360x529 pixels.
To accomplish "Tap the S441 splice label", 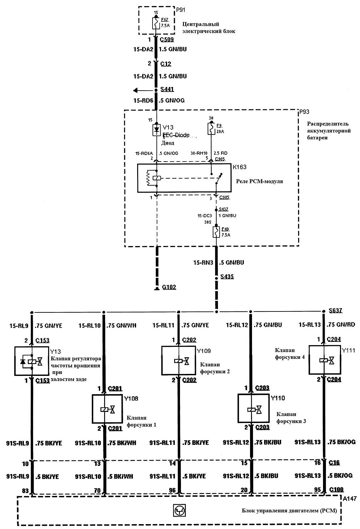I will tap(167, 89).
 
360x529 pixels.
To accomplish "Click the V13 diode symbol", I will tap(156, 130).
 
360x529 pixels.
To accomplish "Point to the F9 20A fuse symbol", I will tap(211, 129).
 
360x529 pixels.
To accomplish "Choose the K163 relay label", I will tap(239, 167).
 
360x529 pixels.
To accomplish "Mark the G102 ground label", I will tap(169, 287).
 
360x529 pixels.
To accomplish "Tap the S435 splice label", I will tap(227, 277).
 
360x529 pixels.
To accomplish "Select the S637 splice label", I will tap(335, 310).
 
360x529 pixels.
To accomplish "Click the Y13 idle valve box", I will tap(32, 361).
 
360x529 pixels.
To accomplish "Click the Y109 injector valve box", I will tap(179, 361).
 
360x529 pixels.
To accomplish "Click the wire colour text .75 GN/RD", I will tap(341, 325).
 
